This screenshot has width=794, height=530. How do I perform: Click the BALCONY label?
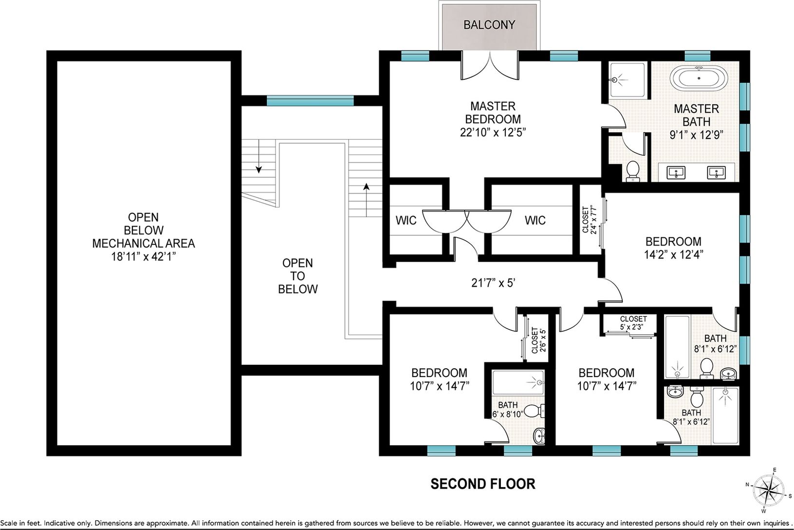[489, 25]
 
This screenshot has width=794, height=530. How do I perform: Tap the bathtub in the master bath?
[699, 78]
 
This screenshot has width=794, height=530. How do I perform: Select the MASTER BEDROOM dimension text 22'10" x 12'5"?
[493, 132]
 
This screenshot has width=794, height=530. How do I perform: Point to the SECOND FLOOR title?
[483, 484]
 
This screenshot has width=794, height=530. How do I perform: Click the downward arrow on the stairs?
[259, 156]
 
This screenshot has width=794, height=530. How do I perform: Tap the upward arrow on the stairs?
[366, 200]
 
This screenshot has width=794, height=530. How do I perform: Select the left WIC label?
[406, 220]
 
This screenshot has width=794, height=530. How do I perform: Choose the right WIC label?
[535, 220]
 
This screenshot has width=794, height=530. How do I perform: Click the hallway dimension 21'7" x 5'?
[493, 283]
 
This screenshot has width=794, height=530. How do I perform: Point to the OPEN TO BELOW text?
[298, 276]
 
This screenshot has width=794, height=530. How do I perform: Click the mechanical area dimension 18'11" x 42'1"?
[144, 256]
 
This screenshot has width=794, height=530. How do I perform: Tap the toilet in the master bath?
[633, 171]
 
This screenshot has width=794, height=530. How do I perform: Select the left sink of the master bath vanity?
[676, 173]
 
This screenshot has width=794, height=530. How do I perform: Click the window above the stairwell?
[310, 101]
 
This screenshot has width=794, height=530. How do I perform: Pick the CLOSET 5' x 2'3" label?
[633, 323]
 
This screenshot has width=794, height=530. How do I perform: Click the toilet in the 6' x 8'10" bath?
[534, 411]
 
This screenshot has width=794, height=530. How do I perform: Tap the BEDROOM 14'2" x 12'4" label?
[673, 248]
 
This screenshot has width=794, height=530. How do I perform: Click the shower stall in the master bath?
[628, 80]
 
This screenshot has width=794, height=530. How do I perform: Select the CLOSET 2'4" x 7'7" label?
[589, 220]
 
